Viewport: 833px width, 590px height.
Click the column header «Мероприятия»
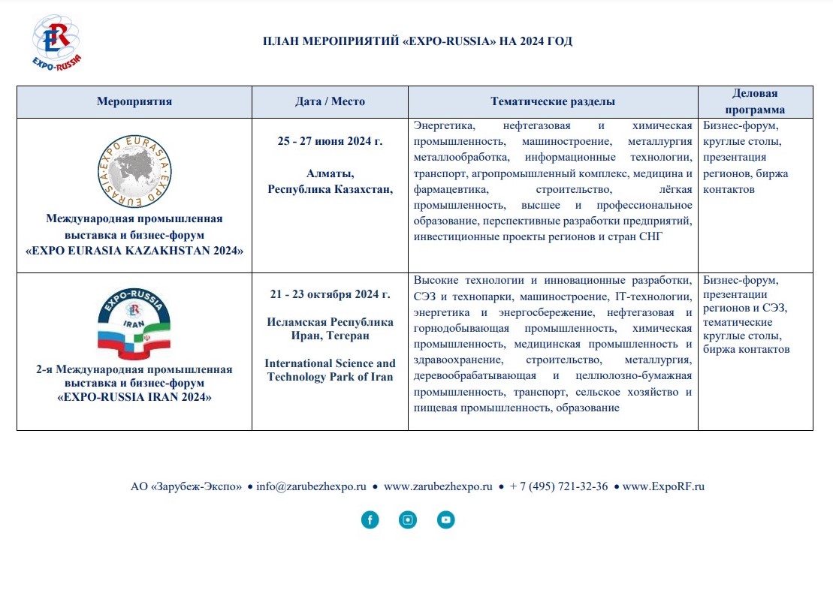pyautogui.click(x=134, y=102)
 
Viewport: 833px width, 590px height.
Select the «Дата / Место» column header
pyautogui.click(x=330, y=102)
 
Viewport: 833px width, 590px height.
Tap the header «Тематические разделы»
pyautogui.click(x=553, y=102)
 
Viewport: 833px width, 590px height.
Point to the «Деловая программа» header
pyautogui.click(x=755, y=101)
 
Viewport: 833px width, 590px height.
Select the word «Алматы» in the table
pyautogui.click(x=330, y=174)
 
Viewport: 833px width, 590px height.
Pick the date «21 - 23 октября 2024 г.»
pyautogui.click(x=330, y=294)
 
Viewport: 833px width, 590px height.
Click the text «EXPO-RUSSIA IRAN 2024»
pyautogui.click(x=134, y=397)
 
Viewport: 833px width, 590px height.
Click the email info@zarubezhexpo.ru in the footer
pyautogui.click(x=311, y=486)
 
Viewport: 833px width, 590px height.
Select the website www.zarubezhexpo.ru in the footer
pyautogui.click(x=437, y=486)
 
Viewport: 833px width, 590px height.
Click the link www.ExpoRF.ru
pyautogui.click(x=663, y=486)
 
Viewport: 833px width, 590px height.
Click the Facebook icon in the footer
pyautogui.click(x=370, y=519)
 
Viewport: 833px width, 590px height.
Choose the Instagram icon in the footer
pyautogui.click(x=408, y=519)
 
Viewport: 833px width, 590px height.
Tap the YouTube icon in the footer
pyautogui.click(x=446, y=519)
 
